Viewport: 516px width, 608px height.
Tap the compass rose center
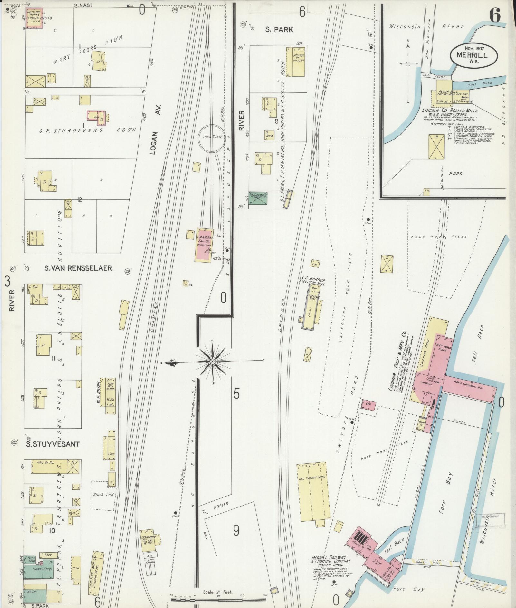213,362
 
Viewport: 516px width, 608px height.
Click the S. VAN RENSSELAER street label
78,268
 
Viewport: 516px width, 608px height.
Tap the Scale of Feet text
218,592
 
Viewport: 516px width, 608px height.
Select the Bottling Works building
35,19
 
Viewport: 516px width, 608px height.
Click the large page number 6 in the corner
495,15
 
